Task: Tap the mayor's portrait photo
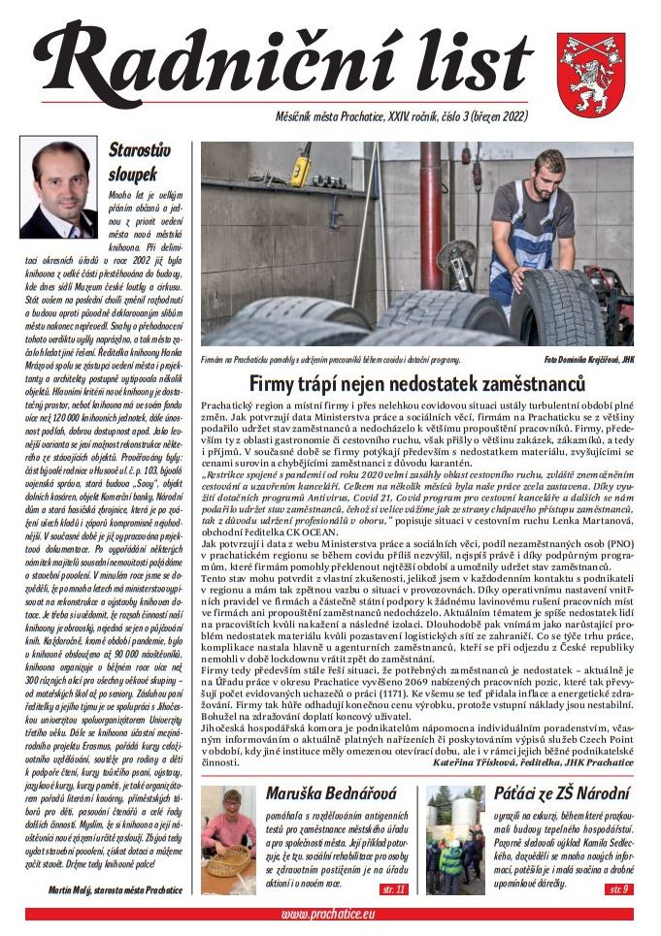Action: coord(58,187)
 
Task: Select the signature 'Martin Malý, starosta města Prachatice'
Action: coord(115,888)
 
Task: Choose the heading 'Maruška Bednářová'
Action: coord(330,794)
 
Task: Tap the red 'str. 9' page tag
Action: coord(617,888)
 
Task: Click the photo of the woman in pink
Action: coord(228,840)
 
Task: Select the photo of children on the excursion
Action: coord(454,840)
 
